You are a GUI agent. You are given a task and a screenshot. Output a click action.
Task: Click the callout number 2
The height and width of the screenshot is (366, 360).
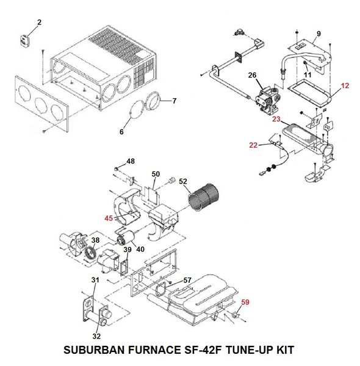tap(40, 23)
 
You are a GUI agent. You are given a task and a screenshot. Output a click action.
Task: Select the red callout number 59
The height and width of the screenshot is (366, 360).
tap(245, 301)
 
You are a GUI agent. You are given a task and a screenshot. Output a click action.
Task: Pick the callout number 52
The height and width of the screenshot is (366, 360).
tap(183, 182)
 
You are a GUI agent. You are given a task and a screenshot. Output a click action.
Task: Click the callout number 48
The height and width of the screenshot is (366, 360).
tap(130, 161)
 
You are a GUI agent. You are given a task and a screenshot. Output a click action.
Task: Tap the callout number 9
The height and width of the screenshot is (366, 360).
tap(318, 32)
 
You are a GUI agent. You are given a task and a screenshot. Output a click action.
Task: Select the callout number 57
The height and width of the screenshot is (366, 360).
tap(187, 280)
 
